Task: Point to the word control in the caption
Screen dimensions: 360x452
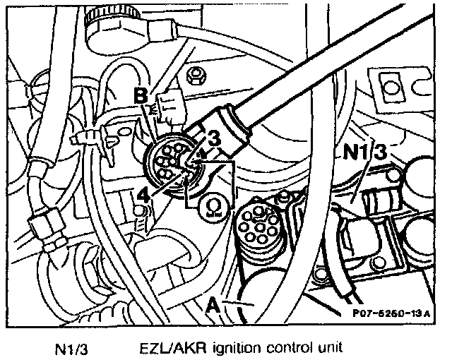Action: click(x=282, y=347)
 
